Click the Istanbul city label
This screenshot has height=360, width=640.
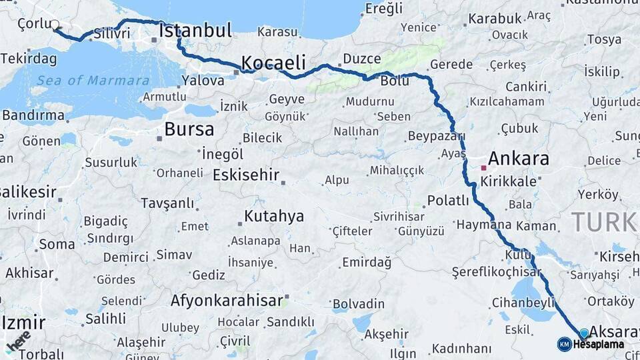195,31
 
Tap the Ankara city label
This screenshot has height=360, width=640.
518,159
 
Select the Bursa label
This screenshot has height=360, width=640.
189,129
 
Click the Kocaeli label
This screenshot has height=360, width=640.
273,63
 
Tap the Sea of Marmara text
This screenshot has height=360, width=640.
93,81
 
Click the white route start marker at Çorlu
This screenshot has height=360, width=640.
55,26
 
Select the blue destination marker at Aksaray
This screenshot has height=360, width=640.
584,333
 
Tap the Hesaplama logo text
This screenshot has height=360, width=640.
597,345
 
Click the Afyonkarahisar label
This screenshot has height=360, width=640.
227,301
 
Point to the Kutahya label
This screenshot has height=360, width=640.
273,216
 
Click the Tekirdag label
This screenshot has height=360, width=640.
29,59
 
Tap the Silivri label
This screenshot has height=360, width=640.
111,33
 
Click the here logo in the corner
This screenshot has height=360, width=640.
17,339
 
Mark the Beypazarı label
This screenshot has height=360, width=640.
436,136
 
